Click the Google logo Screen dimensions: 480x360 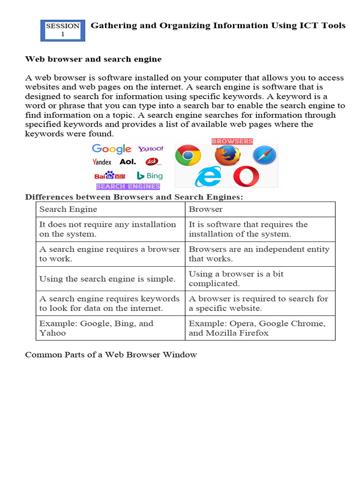tap(112, 149)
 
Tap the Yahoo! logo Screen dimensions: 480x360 tap(150, 149)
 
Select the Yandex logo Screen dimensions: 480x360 tap(102, 162)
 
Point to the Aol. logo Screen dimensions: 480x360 tap(127, 162)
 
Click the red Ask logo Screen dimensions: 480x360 tap(152, 162)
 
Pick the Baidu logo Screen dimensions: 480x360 tap(110, 176)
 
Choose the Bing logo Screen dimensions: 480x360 tap(150, 176)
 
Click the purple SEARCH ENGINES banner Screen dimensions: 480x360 tap(128, 187)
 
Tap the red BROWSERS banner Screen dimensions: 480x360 tap(232, 141)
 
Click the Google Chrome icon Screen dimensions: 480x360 tap(188, 156)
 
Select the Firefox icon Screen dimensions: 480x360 tap(227, 155)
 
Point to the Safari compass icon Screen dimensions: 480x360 tap(265, 155)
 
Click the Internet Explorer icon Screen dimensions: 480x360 tap(208, 177)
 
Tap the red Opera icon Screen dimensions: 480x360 tap(246, 177)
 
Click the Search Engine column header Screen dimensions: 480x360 tap(68, 210)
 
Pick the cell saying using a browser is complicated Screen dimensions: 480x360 tap(261, 279)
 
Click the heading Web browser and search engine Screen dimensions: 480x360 tap(93, 59)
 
